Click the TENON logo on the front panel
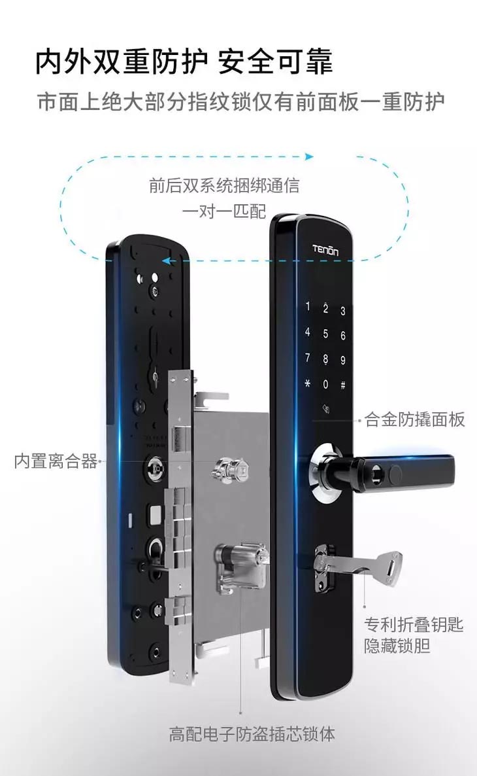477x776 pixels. tap(325, 251)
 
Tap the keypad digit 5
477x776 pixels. tap(325, 334)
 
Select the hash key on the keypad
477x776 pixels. tap(342, 385)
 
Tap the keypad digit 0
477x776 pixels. tap(325, 384)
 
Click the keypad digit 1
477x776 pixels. tap(308, 306)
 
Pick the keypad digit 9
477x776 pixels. tap(342, 361)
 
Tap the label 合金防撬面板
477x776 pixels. tap(415, 419)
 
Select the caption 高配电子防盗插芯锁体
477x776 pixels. tap(252, 733)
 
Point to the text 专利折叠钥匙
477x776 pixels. tap(414, 625)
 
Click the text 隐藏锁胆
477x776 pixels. tap(397, 646)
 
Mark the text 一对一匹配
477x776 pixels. tap(224, 211)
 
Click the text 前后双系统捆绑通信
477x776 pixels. tap(224, 186)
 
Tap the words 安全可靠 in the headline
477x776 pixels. tap(275, 62)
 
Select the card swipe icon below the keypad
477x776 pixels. tap(326, 409)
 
